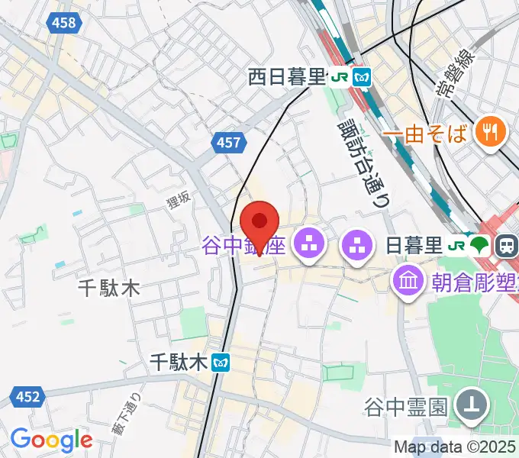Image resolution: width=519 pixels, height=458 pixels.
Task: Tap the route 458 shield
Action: (65, 23)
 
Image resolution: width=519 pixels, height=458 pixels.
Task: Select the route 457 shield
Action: (227, 143)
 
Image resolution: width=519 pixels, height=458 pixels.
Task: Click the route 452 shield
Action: (27, 396)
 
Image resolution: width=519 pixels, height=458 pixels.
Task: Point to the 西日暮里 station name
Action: (286, 76)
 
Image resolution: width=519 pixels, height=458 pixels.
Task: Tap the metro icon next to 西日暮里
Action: (362, 76)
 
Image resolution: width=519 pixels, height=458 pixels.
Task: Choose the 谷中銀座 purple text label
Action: (244, 246)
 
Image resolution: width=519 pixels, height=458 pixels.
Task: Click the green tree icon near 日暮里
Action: (479, 245)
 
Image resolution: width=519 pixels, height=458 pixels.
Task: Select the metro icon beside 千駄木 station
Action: (221, 363)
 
